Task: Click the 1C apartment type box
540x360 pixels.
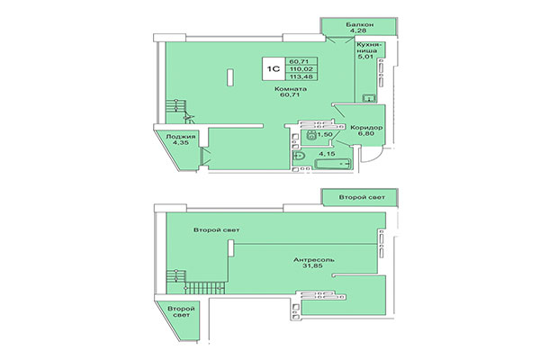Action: pos(271,66)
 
